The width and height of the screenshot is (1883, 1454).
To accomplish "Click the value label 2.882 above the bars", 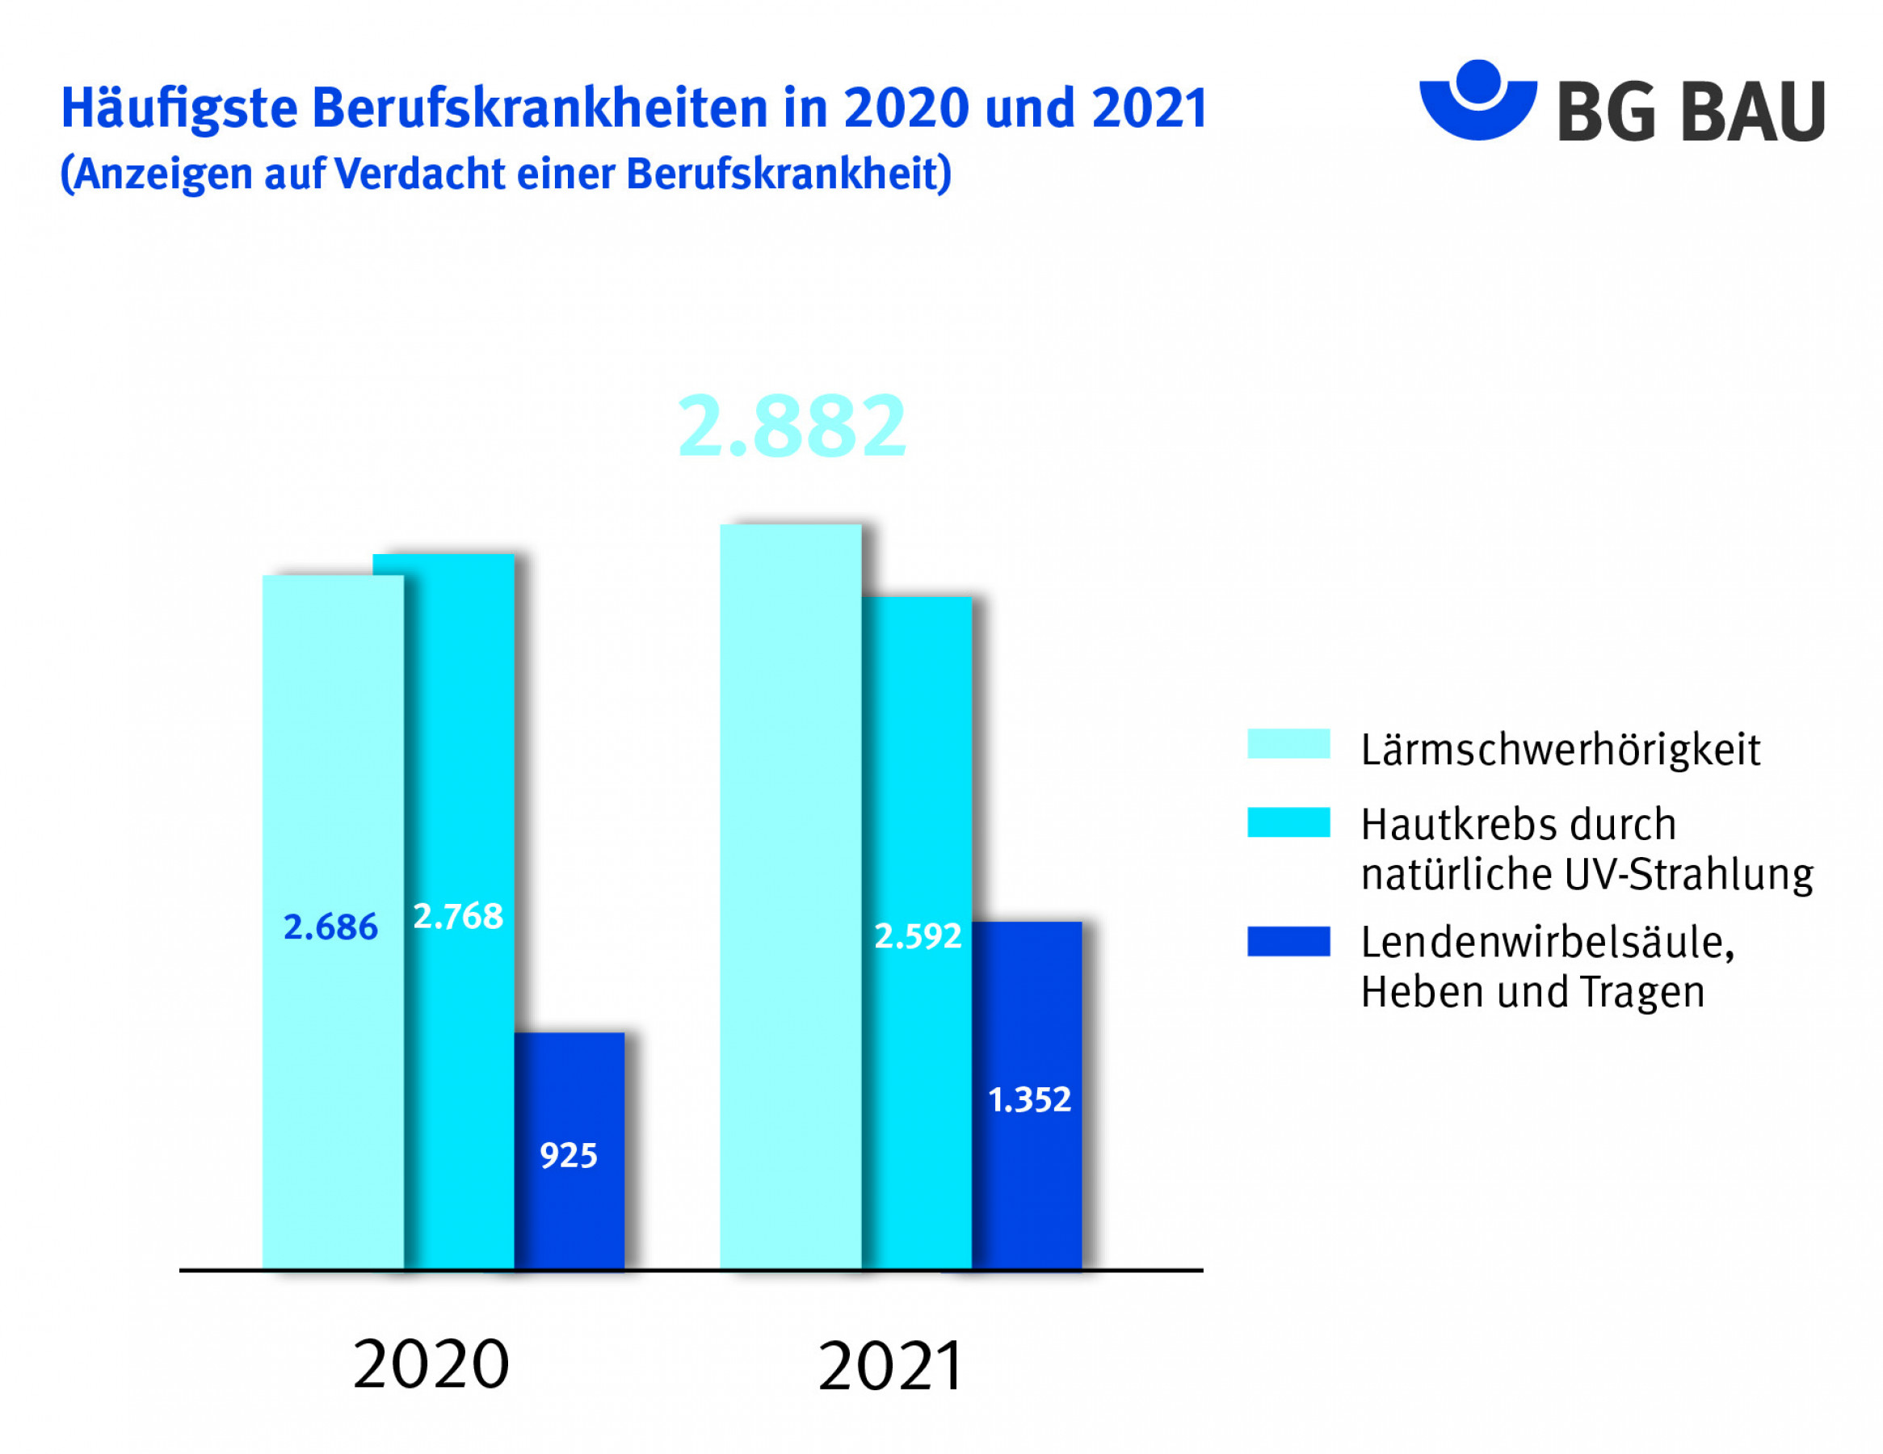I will [792, 426].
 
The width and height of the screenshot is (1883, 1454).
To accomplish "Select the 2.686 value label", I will [330, 927].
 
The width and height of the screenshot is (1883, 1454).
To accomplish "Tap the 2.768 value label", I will [458, 916].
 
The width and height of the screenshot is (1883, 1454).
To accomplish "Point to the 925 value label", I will [568, 1156].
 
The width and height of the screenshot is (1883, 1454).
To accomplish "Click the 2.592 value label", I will [918, 936].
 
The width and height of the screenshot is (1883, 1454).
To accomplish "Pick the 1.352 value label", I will [1029, 1099].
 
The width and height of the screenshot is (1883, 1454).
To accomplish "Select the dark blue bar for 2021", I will [1027, 1018].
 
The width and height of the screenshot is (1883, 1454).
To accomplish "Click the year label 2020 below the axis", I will [431, 1364].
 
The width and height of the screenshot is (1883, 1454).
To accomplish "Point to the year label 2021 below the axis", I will [891, 1367].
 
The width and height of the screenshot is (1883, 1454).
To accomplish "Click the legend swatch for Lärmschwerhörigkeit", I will [1288, 743].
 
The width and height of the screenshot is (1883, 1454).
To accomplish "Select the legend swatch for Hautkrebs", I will [1288, 822].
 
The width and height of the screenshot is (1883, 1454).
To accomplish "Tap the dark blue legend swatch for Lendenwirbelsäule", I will [1288, 942].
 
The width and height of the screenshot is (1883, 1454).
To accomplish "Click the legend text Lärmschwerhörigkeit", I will [1560, 749].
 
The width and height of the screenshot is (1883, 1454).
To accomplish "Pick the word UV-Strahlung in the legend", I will [1688, 875].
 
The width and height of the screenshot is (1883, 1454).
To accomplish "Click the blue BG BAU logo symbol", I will [1477, 100].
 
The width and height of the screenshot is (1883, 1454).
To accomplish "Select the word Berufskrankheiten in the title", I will [539, 109].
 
